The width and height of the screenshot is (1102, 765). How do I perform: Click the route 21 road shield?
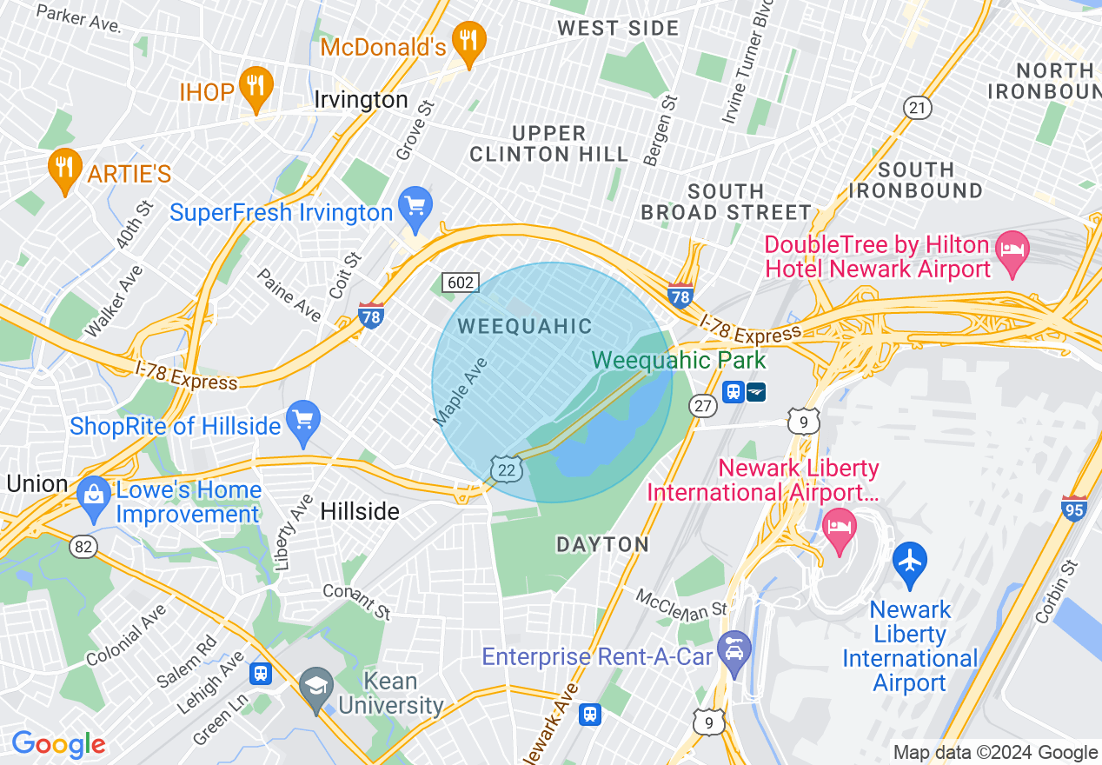coord(917,108)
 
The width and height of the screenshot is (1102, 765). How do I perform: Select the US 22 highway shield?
coord(505,469)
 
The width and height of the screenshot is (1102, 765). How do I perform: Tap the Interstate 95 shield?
coord(1075,508)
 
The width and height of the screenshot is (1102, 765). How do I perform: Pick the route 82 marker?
coord(83,547)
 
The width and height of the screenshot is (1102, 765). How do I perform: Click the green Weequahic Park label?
coord(679,360)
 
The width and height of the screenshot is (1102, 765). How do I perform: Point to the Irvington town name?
coord(361,100)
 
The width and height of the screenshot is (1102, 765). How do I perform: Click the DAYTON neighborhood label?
coord(602,545)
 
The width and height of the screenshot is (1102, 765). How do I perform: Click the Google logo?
coord(58,745)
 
